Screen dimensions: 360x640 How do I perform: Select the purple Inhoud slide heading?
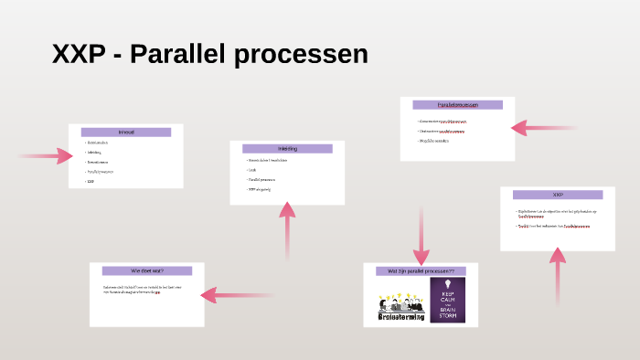[126, 132]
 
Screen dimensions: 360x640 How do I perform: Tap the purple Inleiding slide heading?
[287, 148]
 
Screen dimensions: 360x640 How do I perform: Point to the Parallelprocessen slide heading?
[457, 105]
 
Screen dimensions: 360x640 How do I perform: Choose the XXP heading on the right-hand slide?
[558, 195]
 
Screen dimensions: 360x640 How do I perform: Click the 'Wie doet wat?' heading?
[147, 270]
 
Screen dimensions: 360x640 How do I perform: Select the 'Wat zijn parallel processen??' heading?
[421, 271]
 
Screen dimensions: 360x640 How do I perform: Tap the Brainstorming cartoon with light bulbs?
[402, 306]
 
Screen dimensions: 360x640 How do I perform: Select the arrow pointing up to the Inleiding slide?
[287, 228]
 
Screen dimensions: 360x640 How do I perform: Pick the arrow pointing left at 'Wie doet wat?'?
[236, 294]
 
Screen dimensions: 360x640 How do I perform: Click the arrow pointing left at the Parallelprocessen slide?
[543, 128]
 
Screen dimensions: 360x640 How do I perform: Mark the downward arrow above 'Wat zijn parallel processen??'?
[421, 236]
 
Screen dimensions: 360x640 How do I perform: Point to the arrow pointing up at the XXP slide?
[557, 274]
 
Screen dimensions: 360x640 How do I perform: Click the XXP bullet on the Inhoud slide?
[91, 181]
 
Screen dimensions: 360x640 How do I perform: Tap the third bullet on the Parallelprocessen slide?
[435, 141]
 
